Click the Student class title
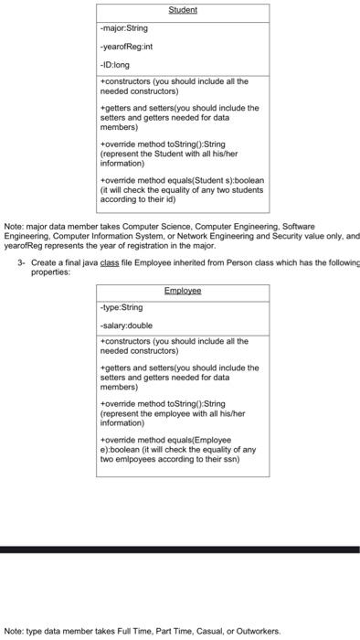(x=183, y=11)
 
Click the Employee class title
(x=183, y=291)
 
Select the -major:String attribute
(x=123, y=29)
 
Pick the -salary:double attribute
(x=126, y=325)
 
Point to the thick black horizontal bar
(x=180, y=549)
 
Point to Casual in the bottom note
(x=202, y=631)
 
